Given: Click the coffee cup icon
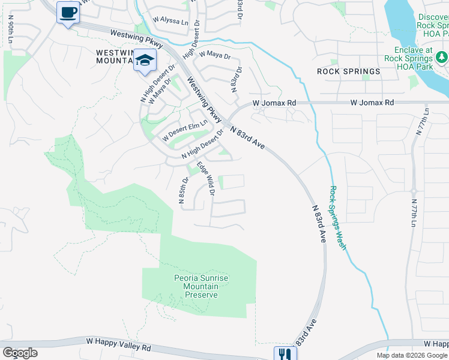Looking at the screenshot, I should (68, 12).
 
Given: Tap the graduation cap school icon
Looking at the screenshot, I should (145, 60).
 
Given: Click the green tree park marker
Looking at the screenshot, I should (442, 57).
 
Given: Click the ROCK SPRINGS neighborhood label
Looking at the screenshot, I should (349, 71).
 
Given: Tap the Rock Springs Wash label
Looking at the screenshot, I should (338, 218).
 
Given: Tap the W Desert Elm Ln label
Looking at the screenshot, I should (185, 130).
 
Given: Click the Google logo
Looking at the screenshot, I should (19, 352).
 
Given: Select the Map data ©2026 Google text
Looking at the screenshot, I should (412, 355).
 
